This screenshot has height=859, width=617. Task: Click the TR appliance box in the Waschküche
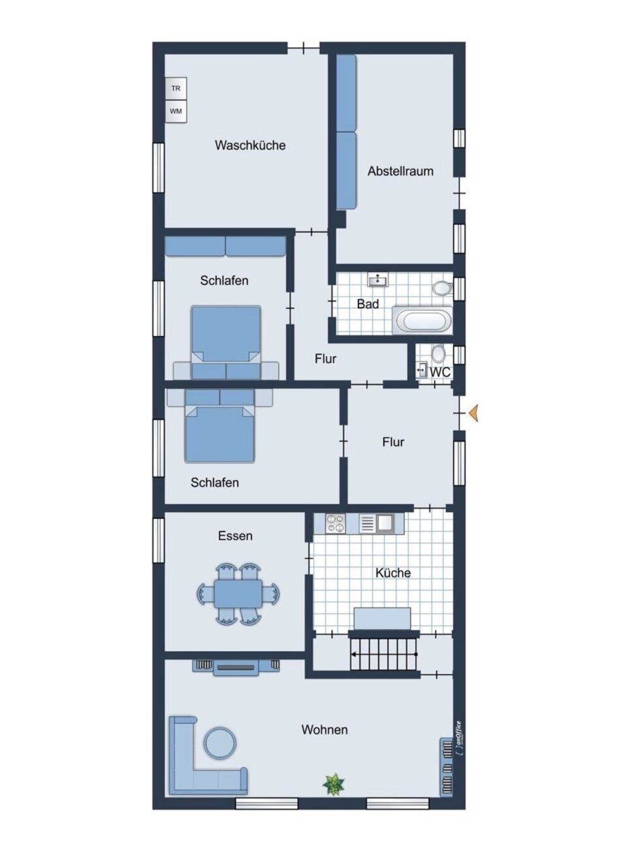pyautogui.click(x=176, y=88)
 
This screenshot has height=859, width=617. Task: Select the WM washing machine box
pyautogui.click(x=176, y=111)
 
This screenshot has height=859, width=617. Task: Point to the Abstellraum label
pyautogui.click(x=400, y=171)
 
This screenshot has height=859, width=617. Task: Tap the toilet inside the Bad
pyautogui.click(x=443, y=288)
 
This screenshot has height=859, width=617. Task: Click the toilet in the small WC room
pyautogui.click(x=438, y=354)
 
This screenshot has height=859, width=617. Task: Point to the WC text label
pyautogui.click(x=440, y=371)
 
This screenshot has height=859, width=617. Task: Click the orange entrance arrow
pyautogui.click(x=475, y=413)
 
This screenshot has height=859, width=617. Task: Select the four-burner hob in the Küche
pyautogui.click(x=336, y=523)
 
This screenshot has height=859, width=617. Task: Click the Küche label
pyautogui.click(x=393, y=573)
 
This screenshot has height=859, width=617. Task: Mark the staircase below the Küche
pyautogui.click(x=383, y=654)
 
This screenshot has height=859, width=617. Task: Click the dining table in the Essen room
pyautogui.click(x=239, y=593)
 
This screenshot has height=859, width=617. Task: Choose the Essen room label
pyautogui.click(x=235, y=536)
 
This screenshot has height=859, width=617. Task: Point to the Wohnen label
pyautogui.click(x=324, y=730)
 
